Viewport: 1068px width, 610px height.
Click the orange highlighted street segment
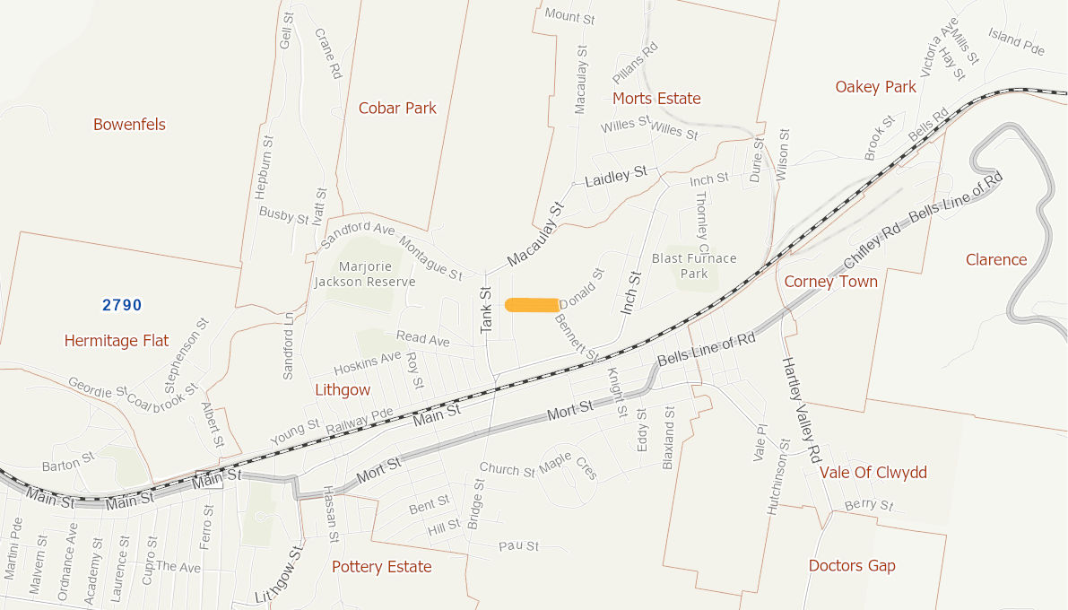[x=532, y=305]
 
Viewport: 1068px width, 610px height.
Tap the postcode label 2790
[x=122, y=305]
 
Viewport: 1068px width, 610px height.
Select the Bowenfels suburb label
[x=129, y=125]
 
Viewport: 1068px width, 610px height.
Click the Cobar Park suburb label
[x=397, y=109]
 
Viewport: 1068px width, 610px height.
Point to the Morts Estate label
[x=656, y=99]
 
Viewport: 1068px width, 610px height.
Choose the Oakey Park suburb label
[x=875, y=87]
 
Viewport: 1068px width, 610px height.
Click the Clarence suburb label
[x=995, y=260]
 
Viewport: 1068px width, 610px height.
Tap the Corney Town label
[x=830, y=282]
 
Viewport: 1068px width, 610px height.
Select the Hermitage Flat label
[x=117, y=341]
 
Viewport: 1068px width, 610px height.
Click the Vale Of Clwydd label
[x=873, y=473]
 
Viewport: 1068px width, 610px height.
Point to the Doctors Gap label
[x=851, y=566]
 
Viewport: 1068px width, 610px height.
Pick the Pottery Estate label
[x=381, y=567]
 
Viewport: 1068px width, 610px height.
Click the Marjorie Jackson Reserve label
[x=365, y=274]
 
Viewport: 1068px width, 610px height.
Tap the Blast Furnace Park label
[x=694, y=266]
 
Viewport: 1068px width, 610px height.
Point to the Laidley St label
[x=615, y=176]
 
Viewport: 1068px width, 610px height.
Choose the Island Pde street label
[x=1016, y=40]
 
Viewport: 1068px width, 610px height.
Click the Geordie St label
[x=97, y=388]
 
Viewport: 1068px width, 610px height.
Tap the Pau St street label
[x=518, y=545]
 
